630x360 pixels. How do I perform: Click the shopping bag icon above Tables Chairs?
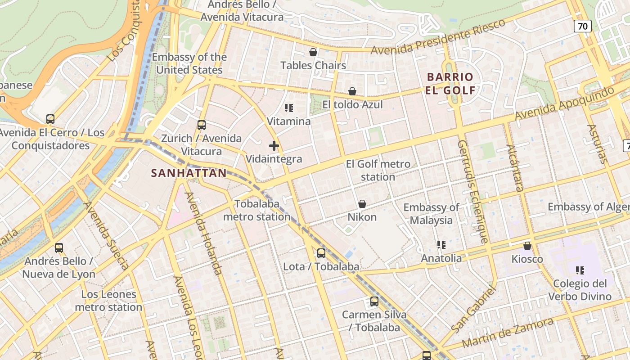(313, 53)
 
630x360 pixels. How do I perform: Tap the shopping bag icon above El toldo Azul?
(352, 92)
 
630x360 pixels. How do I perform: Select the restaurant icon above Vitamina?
(289, 108)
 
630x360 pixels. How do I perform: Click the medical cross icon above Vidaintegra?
(274, 146)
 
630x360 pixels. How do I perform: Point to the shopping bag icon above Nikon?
(362, 204)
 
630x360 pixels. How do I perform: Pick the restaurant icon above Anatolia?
(441, 245)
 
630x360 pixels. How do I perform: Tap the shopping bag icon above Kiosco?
(527, 246)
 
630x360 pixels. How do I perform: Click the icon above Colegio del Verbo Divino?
(580, 270)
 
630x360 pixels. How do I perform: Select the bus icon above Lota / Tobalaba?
(321, 253)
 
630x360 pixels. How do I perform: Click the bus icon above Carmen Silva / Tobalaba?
(374, 301)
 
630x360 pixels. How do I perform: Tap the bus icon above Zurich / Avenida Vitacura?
(201, 125)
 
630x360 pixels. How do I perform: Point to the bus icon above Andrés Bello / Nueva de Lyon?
(59, 248)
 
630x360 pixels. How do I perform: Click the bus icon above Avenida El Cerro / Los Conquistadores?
(50, 119)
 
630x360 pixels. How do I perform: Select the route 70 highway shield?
(582, 26)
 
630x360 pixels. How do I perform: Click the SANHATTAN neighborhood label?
(189, 173)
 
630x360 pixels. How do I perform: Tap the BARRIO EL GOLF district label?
(450, 83)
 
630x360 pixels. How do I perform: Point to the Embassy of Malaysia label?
(431, 214)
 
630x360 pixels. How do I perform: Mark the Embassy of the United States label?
(189, 63)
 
